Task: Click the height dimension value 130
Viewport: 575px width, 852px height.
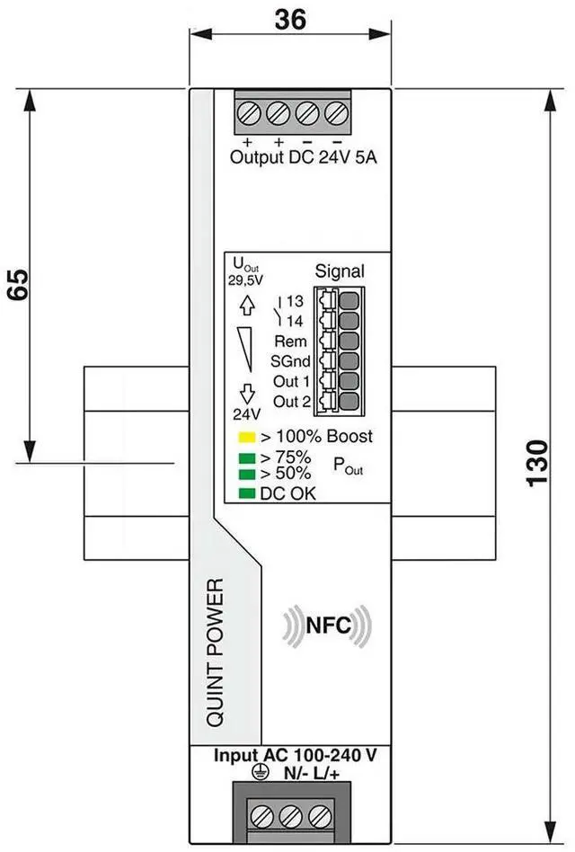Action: [x=536, y=463]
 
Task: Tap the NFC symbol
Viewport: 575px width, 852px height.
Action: [x=327, y=624]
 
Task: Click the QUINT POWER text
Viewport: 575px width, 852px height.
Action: [x=215, y=664]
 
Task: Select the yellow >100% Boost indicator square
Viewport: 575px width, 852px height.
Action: [x=244, y=438]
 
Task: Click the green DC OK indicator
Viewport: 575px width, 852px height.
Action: [x=244, y=493]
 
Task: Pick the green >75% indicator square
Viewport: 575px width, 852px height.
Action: [x=244, y=457]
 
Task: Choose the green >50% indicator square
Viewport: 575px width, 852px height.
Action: [x=244, y=472]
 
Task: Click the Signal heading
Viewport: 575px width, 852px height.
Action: [x=340, y=271]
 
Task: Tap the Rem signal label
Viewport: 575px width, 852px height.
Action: [x=290, y=342]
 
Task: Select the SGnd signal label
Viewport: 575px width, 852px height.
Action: [x=291, y=361]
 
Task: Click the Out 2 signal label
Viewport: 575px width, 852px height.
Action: [x=291, y=401]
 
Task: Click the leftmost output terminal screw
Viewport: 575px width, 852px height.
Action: [x=249, y=114]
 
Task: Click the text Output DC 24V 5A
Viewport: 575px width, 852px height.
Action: [x=304, y=158]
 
